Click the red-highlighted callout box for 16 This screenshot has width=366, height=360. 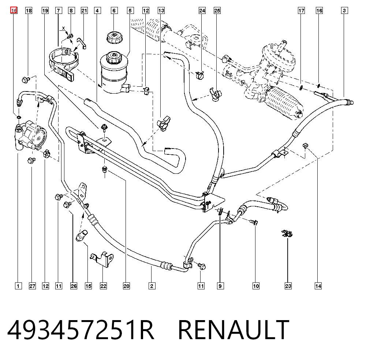click(14, 11)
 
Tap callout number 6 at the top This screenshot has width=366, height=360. click(114, 11)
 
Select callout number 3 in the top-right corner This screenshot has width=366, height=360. click(344, 11)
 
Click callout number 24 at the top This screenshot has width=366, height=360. click(202, 11)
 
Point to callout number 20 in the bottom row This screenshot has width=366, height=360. click(126, 286)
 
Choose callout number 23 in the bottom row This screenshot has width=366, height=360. click(288, 286)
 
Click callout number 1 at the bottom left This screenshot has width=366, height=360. click(18, 286)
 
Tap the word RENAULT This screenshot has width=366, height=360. click(234, 330)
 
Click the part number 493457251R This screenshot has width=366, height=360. click(81, 330)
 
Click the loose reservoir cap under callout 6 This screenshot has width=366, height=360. click(114, 37)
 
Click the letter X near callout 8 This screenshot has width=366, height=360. click(63, 28)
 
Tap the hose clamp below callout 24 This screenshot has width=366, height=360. click(200, 75)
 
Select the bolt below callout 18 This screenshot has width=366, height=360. click(25, 80)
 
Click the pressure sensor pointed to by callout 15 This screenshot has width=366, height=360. click(82, 235)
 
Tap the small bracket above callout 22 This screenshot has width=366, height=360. click(102, 259)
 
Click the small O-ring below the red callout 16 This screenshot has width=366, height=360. click(18, 117)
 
